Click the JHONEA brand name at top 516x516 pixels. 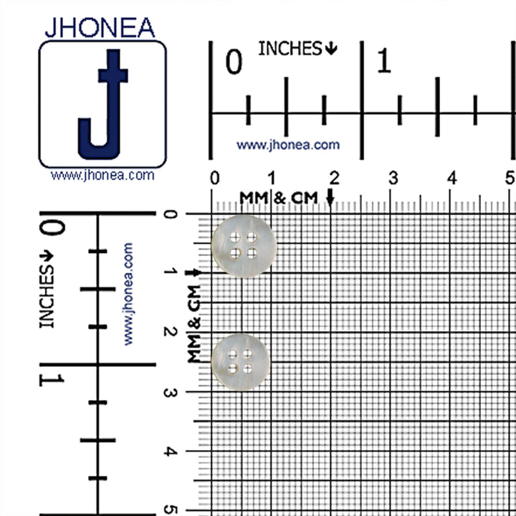(100, 28)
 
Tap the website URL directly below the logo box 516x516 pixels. (102, 175)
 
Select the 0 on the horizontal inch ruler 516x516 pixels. (234, 62)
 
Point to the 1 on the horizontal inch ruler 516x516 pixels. (383, 60)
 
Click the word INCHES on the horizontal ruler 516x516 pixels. (290, 49)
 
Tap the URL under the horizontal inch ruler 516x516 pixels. (288, 145)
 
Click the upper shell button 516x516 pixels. (244, 246)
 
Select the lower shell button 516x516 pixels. (241, 362)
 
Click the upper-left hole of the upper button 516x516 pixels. (235, 236)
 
